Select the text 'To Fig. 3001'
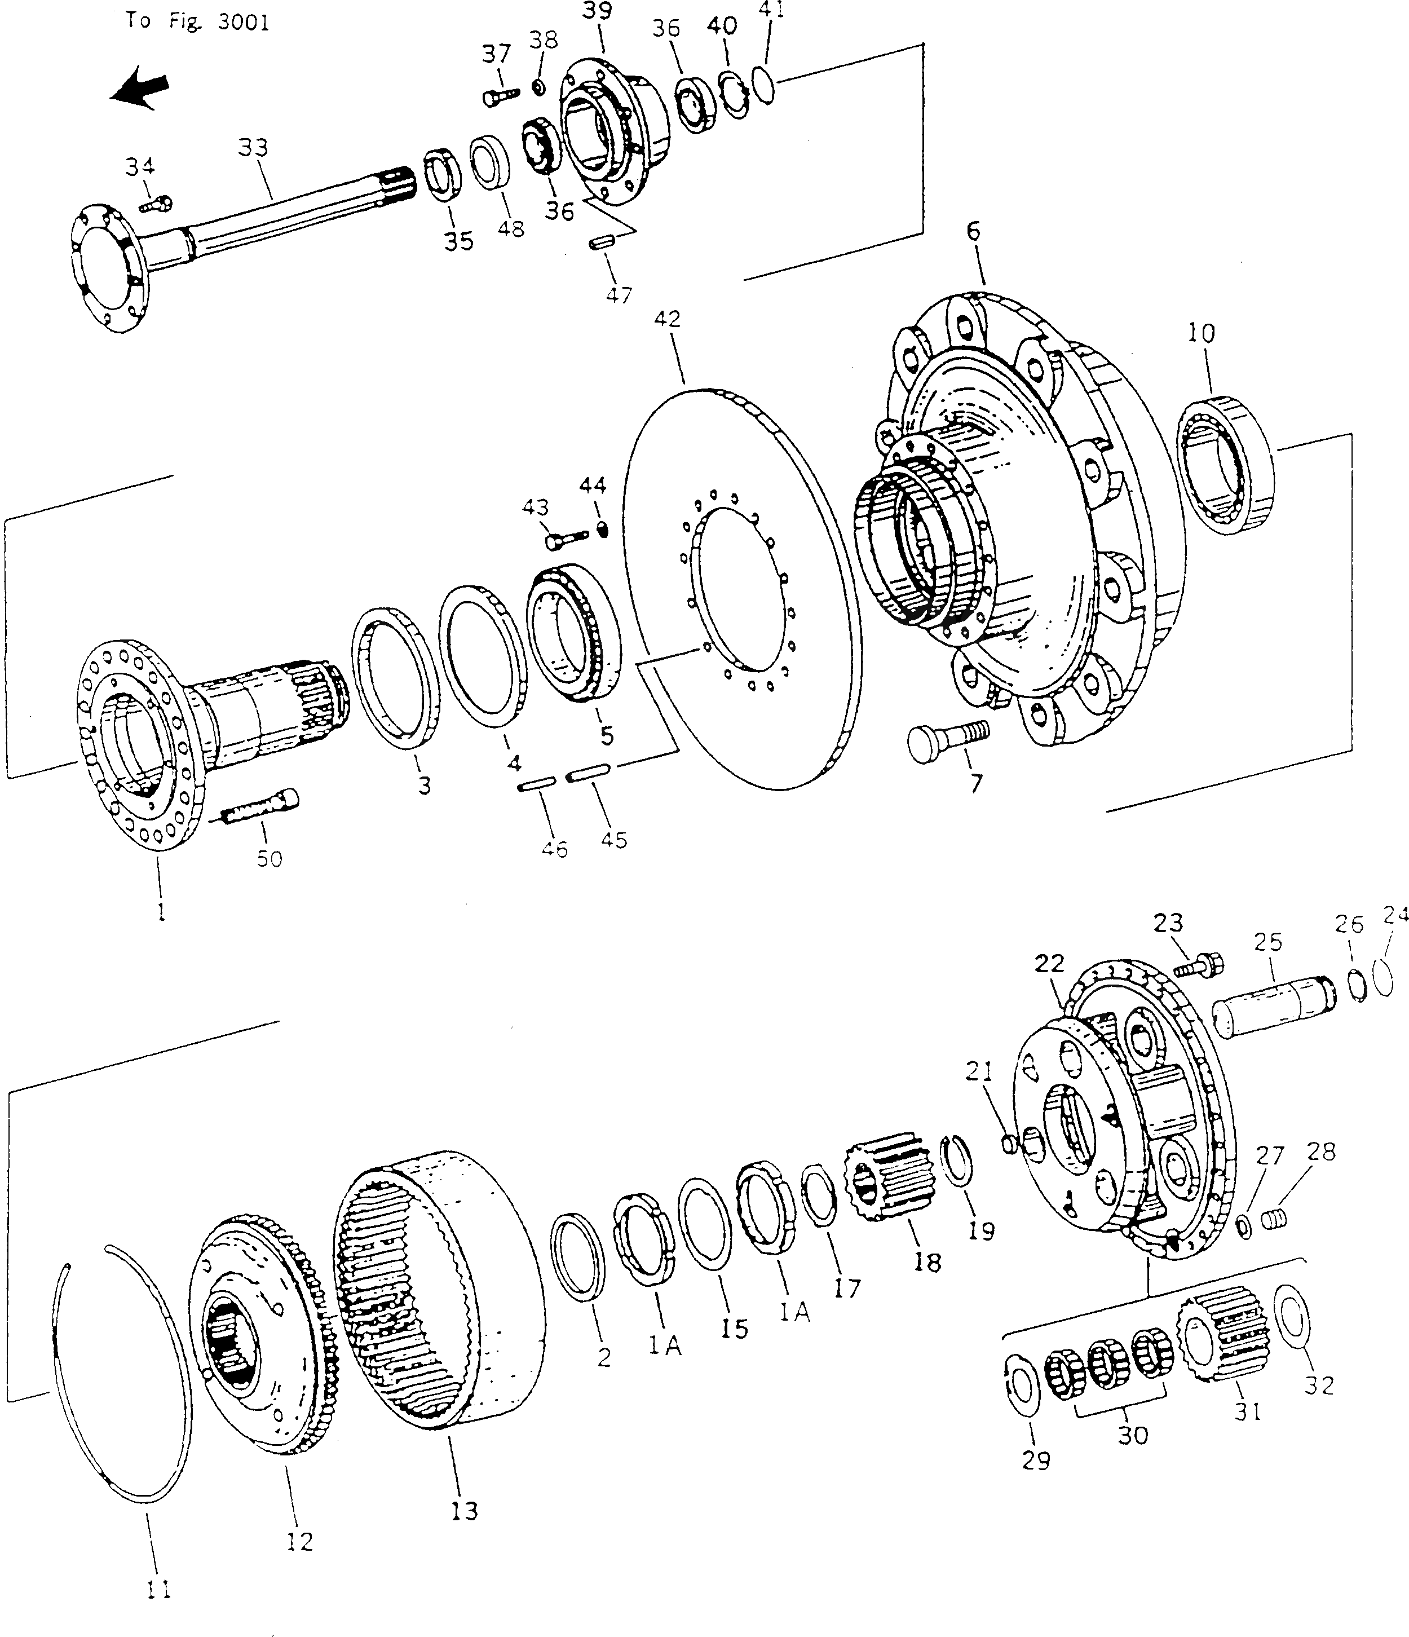197,21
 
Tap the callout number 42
668,319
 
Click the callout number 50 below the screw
270,859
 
